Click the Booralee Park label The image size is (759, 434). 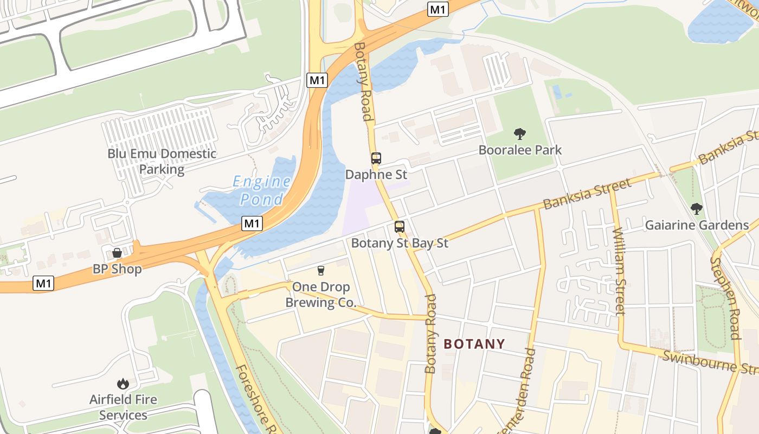click(x=520, y=150)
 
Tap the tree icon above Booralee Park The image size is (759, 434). click(x=520, y=133)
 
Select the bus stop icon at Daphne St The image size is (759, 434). click(x=376, y=158)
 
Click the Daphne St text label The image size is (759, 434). click(x=376, y=175)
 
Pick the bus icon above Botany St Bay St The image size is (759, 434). click(x=400, y=227)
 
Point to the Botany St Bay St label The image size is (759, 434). click(x=400, y=243)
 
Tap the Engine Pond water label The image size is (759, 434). click(x=262, y=190)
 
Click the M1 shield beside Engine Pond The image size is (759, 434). click(x=253, y=223)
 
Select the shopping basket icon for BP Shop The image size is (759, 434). click(x=117, y=253)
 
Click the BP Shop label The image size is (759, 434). click(x=117, y=269)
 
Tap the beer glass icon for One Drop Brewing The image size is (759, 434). click(x=321, y=270)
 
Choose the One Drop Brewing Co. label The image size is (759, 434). click(x=321, y=295)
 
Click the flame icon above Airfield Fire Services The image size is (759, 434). click(x=123, y=384)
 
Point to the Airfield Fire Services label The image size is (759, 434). click(x=123, y=407)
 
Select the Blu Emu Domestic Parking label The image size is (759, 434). click(x=162, y=161)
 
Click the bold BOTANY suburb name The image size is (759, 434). click(x=474, y=344)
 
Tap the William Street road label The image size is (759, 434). click(x=620, y=271)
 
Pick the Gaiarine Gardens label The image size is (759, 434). click(x=697, y=225)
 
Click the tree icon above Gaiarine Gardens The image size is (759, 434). click(x=697, y=208)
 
